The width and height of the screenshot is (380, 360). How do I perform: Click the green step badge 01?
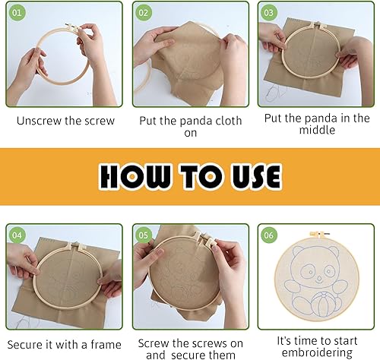coord(17,13)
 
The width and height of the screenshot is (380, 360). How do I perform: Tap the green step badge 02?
coord(144,13)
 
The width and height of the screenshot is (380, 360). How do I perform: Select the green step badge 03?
coord(269,13)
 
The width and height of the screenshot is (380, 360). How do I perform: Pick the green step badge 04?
coord(17,235)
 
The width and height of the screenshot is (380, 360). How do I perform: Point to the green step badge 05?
coord(144,235)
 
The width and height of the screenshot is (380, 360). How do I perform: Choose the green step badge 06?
coord(269,235)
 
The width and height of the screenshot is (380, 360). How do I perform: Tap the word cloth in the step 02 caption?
coord(227,121)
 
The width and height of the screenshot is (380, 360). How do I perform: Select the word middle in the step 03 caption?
coord(317,130)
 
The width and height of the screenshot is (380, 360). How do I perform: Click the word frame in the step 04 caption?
coord(106,345)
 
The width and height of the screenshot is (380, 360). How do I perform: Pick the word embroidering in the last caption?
coord(317,353)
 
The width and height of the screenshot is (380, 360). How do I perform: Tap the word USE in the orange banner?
coord(256,176)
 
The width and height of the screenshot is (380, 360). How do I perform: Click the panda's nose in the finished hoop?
coord(319,279)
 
